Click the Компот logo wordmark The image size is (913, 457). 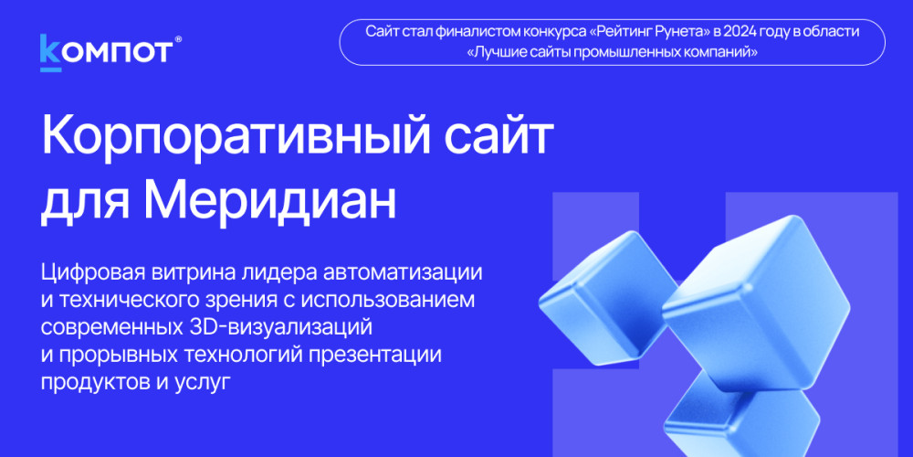(x=107, y=52)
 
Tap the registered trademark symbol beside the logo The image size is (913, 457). (x=178, y=39)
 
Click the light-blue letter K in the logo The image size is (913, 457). (x=50, y=52)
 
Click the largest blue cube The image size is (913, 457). (x=757, y=304)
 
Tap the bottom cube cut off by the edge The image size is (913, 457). (x=741, y=418)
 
